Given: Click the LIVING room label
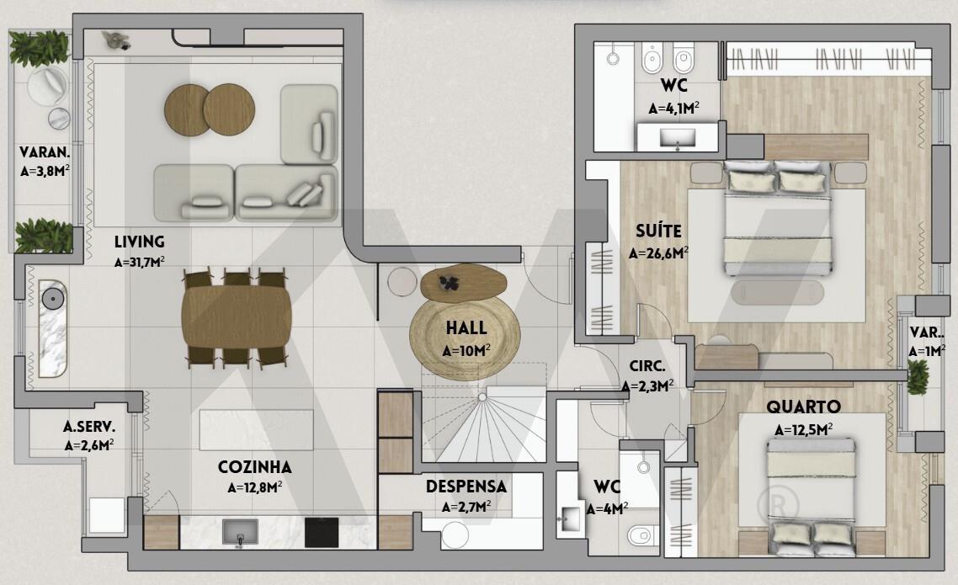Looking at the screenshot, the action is pyautogui.click(x=139, y=242).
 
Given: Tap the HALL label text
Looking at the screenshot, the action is pyautogui.click(x=466, y=328).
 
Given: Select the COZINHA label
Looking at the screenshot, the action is pyautogui.click(x=255, y=467).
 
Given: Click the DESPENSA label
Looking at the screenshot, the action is pyautogui.click(x=466, y=487).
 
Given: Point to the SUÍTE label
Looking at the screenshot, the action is pyautogui.click(x=658, y=231).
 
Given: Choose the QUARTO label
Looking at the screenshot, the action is pyautogui.click(x=803, y=407).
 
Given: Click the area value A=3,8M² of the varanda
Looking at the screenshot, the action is pyautogui.click(x=45, y=171).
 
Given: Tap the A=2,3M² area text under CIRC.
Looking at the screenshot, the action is pyautogui.click(x=647, y=386).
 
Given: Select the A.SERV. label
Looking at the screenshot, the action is pyautogui.click(x=89, y=426).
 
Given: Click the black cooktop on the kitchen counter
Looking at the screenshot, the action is pyautogui.click(x=322, y=532).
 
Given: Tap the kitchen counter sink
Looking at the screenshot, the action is pyautogui.click(x=240, y=532).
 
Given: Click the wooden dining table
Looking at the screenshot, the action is pyautogui.click(x=237, y=317).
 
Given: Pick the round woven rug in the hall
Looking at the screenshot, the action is pyautogui.click(x=465, y=335).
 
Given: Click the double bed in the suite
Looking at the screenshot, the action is pyautogui.click(x=778, y=218).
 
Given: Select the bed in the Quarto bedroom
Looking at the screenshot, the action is pyautogui.click(x=811, y=492).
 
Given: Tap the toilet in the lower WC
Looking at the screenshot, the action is pyautogui.click(x=642, y=535).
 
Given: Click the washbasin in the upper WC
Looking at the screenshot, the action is pyautogui.click(x=678, y=138).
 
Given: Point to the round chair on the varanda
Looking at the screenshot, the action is pyautogui.click(x=47, y=86).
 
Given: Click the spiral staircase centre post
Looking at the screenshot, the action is pyautogui.click(x=482, y=397).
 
